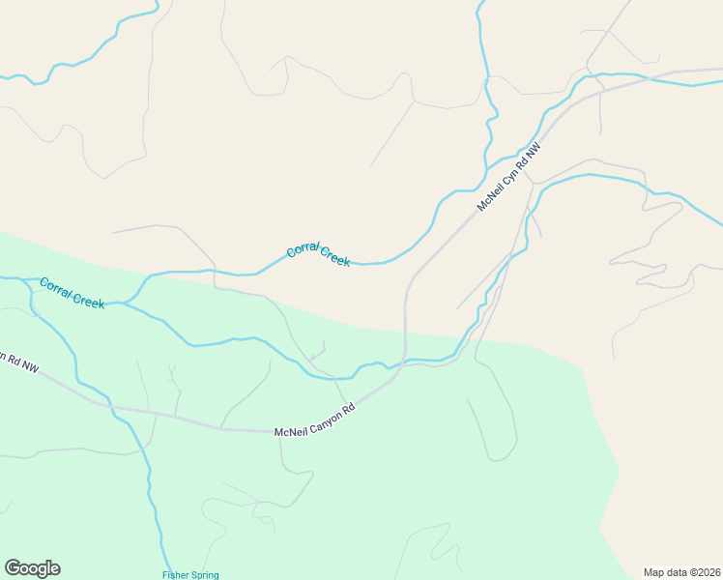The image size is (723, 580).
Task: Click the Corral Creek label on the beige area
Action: click(x=318, y=255)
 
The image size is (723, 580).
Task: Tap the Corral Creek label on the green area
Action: click(x=72, y=293)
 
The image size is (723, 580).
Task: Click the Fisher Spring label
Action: click(x=190, y=575)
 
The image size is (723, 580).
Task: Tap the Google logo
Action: click(x=32, y=568)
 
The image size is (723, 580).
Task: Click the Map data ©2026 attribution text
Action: click(x=682, y=571)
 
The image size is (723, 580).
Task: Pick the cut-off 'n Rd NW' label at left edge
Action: click(x=18, y=362)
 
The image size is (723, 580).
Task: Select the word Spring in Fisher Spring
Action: click(x=204, y=575)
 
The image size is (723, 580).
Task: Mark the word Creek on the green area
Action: click(x=89, y=300)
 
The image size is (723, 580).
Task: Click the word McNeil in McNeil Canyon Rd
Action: click(x=289, y=430)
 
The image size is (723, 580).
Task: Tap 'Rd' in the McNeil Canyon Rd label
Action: click(x=349, y=409)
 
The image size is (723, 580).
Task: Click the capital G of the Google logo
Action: click(x=13, y=568)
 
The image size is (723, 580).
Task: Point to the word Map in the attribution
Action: click(x=653, y=571)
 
